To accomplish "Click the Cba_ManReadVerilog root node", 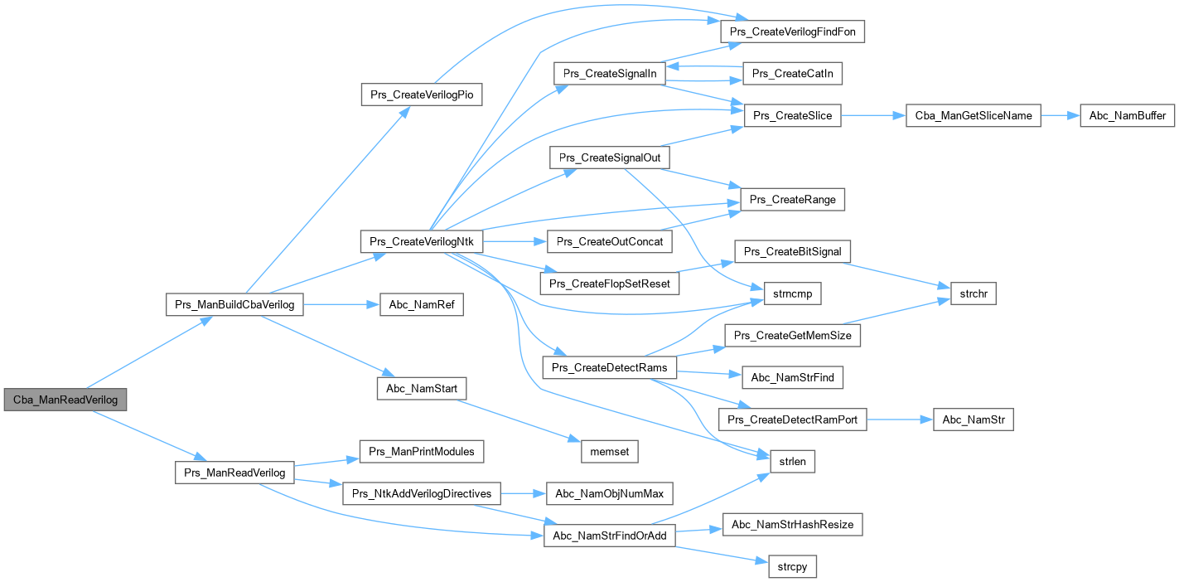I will [x=65, y=400].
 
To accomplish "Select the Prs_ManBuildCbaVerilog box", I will [x=235, y=305].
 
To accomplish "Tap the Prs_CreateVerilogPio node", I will [x=422, y=94].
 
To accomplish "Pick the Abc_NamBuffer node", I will [x=1128, y=116].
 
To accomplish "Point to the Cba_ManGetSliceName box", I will [x=974, y=116].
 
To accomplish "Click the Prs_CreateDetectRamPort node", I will [x=792, y=420].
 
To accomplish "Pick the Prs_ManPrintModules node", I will [x=422, y=452].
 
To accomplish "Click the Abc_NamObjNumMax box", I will [x=609, y=494].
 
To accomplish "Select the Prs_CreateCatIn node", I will [x=792, y=74].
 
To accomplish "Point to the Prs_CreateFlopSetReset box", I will [x=609, y=283].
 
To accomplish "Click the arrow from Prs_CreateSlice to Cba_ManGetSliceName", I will [x=874, y=116].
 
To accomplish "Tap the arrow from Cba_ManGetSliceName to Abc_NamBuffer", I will [x=1060, y=116].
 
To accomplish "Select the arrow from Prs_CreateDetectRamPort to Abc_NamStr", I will [x=900, y=420].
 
